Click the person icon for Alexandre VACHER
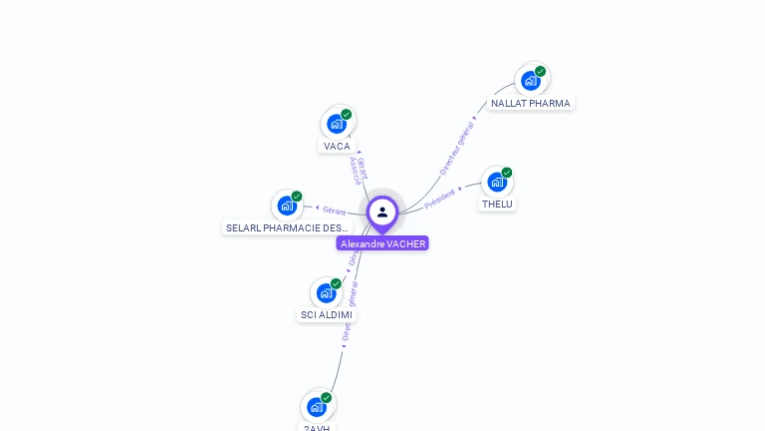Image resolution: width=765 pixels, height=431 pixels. click(x=382, y=212)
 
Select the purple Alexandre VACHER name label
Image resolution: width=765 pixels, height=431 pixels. click(x=382, y=243)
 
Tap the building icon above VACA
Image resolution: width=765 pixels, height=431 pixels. click(x=336, y=124)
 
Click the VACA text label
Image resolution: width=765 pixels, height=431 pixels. click(x=337, y=146)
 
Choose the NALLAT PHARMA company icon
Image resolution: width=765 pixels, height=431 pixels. click(x=530, y=81)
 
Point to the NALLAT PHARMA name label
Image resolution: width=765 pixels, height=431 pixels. click(x=530, y=103)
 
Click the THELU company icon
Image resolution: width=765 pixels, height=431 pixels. click(x=496, y=183)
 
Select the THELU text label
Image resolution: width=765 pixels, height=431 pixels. click(x=497, y=204)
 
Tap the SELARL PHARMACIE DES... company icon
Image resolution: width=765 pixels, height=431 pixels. click(x=287, y=207)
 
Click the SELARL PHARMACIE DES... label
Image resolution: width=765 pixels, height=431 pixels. click(x=287, y=227)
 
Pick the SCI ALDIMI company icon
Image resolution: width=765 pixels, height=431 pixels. click(x=326, y=293)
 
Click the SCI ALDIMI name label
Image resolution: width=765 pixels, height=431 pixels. click(x=326, y=314)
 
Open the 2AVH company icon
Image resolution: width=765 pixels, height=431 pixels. click(x=316, y=407)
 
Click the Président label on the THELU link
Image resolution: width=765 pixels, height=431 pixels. click(x=439, y=199)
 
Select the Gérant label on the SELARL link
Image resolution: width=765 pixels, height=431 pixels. click(x=334, y=211)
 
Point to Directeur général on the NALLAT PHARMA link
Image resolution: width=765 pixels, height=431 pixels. click(x=457, y=148)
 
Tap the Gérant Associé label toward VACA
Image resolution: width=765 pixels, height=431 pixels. click(x=358, y=170)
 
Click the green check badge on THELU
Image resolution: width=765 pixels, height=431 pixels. click(x=506, y=173)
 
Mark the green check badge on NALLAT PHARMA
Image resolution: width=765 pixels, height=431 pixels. click(x=540, y=71)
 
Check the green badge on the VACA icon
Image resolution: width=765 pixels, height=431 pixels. click(x=346, y=114)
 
